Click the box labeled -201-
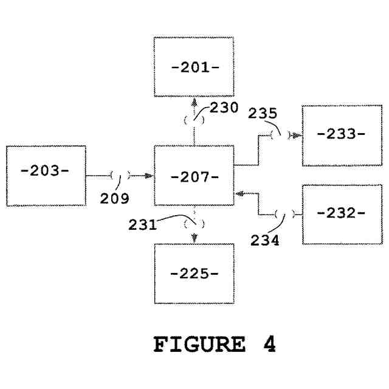[193, 66]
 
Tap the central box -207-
[194, 177]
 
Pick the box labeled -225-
[194, 274]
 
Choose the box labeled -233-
[341, 135]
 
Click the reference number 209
[115, 198]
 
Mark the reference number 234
[265, 239]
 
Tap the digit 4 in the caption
[270, 345]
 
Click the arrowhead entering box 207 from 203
[148, 176]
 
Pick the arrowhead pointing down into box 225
[194, 238]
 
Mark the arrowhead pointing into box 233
[296, 136]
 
